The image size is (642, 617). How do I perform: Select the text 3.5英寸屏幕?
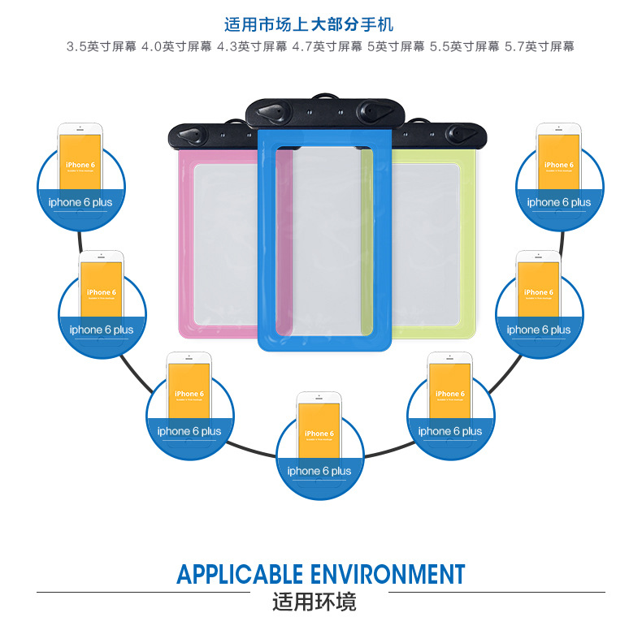[x=102, y=46]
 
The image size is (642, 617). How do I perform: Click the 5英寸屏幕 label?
[x=396, y=46]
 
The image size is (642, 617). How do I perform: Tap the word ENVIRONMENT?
[x=389, y=574]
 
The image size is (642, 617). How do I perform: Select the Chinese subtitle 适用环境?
[x=320, y=602]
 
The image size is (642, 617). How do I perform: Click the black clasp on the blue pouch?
[x=325, y=110]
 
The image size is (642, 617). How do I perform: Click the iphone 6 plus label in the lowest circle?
[x=319, y=471]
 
